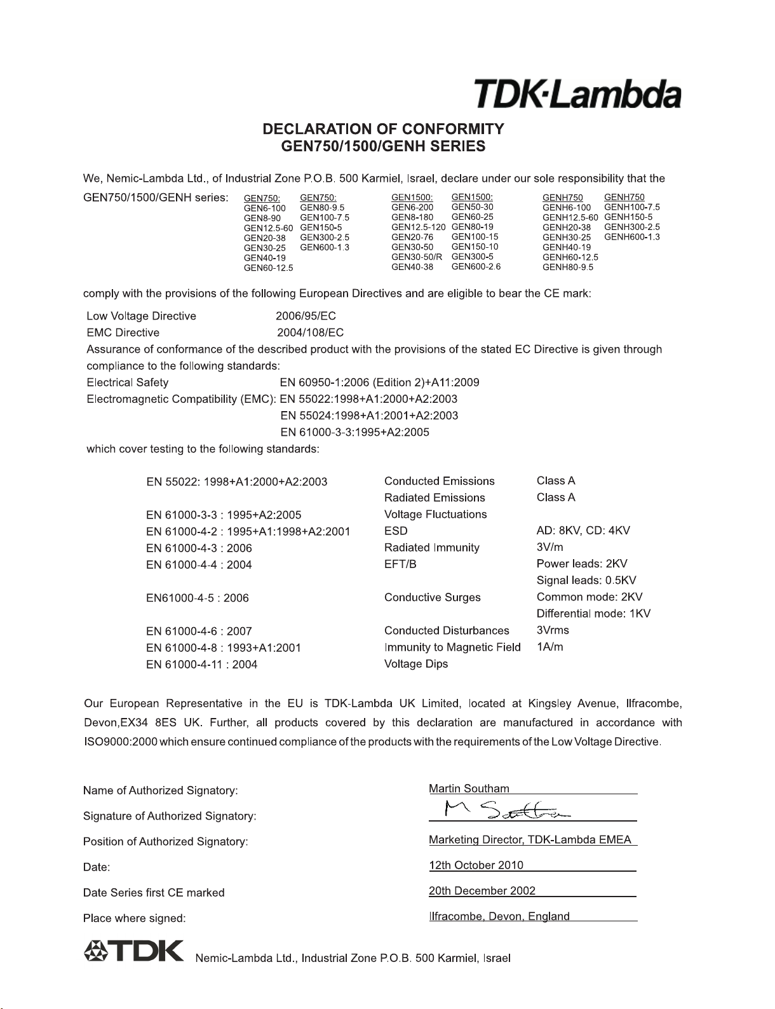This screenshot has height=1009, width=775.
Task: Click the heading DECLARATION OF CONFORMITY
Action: pos(383,129)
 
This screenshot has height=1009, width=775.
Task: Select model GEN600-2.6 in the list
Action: pos(476,266)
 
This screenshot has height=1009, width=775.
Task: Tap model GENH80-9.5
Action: pos(567,267)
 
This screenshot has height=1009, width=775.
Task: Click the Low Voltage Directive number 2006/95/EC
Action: pos(306,316)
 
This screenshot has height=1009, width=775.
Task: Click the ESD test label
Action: pos(396,531)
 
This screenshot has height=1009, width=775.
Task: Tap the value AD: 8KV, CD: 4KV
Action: pos(583,531)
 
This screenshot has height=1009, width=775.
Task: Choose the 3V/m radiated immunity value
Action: pos(549,547)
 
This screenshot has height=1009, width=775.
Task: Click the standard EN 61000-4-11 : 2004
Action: pos(201,665)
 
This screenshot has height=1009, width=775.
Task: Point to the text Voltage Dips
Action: pos(416,664)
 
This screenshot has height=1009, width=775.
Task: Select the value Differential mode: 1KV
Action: pos(593,614)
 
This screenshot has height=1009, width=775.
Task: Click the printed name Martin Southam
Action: pos(469,789)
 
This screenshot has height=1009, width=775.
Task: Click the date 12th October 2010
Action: pos(476,865)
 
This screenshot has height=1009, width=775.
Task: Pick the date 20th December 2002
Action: pos(482,891)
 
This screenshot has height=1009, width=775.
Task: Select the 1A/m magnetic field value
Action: pos(549,647)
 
